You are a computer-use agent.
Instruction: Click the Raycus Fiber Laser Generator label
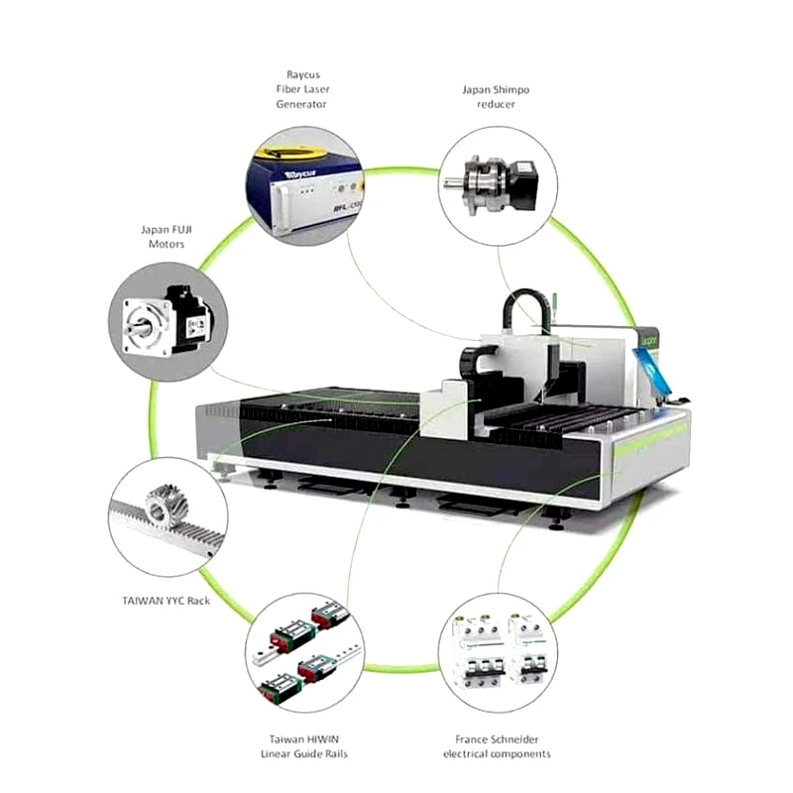(301, 89)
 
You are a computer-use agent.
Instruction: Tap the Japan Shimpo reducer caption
(496, 96)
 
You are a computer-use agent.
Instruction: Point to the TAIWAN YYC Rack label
(167, 600)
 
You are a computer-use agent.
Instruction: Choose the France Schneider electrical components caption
(497, 745)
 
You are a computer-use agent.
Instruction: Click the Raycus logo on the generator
(297, 172)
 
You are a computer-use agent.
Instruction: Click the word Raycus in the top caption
(301, 74)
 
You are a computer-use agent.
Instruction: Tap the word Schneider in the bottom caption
(514, 738)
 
